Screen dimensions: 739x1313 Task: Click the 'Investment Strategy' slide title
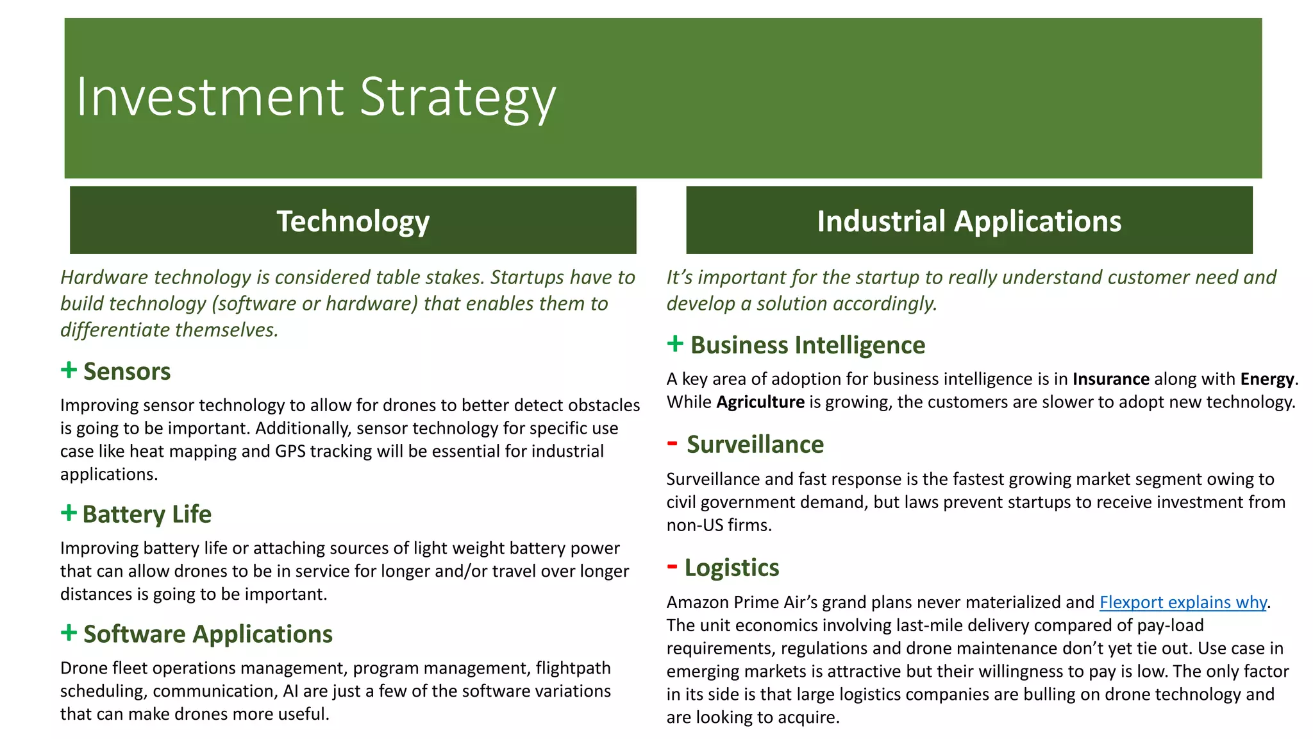pyautogui.click(x=315, y=98)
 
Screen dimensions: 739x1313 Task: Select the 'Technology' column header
pyautogui.click(x=353, y=221)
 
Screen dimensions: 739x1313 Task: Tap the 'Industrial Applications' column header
pyautogui.click(x=969, y=221)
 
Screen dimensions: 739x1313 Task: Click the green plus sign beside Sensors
pyautogui.click(x=69, y=369)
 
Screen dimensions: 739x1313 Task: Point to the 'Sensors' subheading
pyautogui.click(x=127, y=371)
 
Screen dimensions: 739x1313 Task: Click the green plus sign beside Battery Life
pyautogui.click(x=69, y=513)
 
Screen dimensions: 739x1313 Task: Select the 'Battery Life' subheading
pyautogui.click(x=147, y=514)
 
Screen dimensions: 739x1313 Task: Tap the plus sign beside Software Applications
pyautogui.click(x=69, y=633)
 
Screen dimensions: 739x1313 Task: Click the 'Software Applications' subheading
pyautogui.click(x=208, y=634)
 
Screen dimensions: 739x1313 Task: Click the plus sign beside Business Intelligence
pyautogui.click(x=675, y=343)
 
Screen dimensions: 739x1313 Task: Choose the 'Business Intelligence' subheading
pyautogui.click(x=808, y=345)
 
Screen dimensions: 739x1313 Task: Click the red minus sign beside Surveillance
pyautogui.click(x=672, y=443)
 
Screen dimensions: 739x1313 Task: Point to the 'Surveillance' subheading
pyautogui.click(x=755, y=445)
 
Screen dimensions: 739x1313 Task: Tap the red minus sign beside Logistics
pyautogui.click(x=672, y=566)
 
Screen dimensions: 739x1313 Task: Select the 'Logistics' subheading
pyautogui.click(x=732, y=568)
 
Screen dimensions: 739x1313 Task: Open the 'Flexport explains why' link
pyautogui.click(x=1183, y=602)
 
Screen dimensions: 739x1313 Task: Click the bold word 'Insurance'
pyautogui.click(x=1111, y=379)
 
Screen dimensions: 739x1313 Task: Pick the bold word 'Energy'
pyautogui.click(x=1267, y=379)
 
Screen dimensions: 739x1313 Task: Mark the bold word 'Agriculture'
pyautogui.click(x=760, y=402)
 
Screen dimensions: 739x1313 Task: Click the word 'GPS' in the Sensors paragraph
pyautogui.click(x=290, y=452)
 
